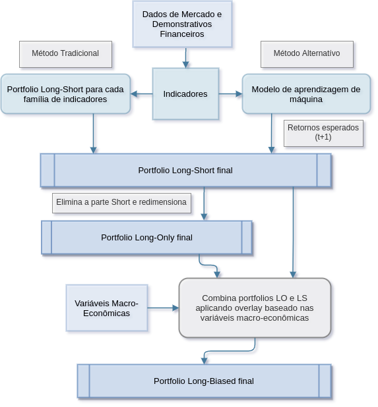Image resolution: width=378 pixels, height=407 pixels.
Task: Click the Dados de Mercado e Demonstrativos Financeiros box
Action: click(182, 24)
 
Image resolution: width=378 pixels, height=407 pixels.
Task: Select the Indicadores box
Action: click(185, 94)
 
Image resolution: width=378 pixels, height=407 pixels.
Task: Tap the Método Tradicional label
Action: click(65, 54)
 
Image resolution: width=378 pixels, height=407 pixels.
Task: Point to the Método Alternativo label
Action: click(307, 54)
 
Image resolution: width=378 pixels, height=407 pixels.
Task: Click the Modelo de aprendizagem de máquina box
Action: click(306, 94)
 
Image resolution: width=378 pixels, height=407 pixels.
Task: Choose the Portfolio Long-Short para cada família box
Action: click(65, 94)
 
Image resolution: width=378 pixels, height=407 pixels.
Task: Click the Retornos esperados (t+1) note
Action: click(323, 133)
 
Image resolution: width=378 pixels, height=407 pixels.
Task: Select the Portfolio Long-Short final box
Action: click(185, 171)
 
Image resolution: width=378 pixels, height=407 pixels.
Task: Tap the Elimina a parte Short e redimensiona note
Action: click(121, 203)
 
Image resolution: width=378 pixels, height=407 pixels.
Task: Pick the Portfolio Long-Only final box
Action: click(146, 237)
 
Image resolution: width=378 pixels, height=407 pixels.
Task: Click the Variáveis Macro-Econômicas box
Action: click(107, 308)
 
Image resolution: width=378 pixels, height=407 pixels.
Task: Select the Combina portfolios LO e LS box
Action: click(255, 308)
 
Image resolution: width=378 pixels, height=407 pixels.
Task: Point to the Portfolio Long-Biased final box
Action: click(204, 381)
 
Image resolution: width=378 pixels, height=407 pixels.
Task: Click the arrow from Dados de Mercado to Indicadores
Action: click(185, 58)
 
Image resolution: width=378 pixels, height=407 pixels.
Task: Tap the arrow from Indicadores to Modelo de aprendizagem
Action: click(231, 94)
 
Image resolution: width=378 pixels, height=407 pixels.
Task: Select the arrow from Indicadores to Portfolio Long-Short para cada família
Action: click(141, 94)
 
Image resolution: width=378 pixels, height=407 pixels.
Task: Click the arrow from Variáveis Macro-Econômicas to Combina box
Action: click(163, 308)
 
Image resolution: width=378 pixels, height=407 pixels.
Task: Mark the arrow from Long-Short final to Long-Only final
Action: click(204, 203)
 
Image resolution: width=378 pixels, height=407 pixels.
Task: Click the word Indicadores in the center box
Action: click(185, 94)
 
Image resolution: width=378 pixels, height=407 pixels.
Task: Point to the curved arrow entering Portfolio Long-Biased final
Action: click(229, 351)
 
